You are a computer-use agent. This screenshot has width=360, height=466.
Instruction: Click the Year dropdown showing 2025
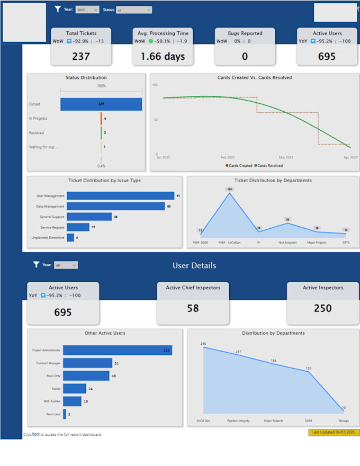click(87, 10)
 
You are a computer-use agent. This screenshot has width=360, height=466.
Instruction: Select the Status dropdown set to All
click(134, 10)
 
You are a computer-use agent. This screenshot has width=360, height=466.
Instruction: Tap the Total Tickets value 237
click(81, 56)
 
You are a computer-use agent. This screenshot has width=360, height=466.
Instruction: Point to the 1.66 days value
click(163, 56)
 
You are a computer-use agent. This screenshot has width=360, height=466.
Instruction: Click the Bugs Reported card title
click(245, 33)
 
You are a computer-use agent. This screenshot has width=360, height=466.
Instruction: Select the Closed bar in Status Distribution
click(101, 104)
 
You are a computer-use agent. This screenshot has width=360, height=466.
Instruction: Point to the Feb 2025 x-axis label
click(228, 157)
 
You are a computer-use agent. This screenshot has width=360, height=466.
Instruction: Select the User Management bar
click(120, 196)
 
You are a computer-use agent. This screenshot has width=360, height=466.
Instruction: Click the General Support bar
click(89, 217)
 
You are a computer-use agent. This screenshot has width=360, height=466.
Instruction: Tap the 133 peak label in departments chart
click(229, 189)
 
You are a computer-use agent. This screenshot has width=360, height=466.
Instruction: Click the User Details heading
click(194, 265)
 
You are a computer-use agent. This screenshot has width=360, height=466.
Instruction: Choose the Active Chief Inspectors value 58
click(193, 308)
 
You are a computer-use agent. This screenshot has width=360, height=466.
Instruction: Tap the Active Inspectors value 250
click(322, 308)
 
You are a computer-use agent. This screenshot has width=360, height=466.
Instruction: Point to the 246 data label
click(203, 344)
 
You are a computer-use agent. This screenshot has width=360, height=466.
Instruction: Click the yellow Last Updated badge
click(334, 432)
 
